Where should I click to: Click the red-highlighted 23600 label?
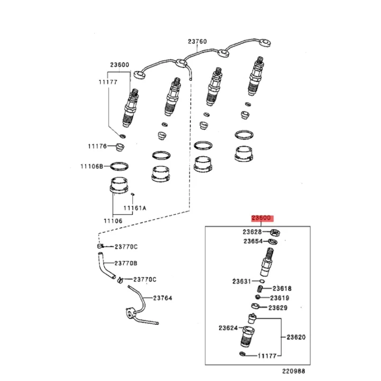[x=261, y=218]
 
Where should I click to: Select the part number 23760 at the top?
[x=197, y=42]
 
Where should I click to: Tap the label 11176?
[x=97, y=146]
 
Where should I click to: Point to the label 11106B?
[x=92, y=166]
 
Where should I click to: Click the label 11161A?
[x=135, y=208]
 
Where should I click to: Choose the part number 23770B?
[x=126, y=262]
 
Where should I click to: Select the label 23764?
[x=162, y=298]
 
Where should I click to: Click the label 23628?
[x=253, y=232]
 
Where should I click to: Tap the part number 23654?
[x=253, y=241]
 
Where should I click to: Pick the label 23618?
[x=282, y=288]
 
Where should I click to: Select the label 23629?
[x=277, y=307]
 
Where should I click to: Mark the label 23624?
[x=228, y=328]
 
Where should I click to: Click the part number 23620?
[x=296, y=337]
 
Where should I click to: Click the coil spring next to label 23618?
[x=260, y=288]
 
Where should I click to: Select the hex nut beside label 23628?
[x=275, y=232]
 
